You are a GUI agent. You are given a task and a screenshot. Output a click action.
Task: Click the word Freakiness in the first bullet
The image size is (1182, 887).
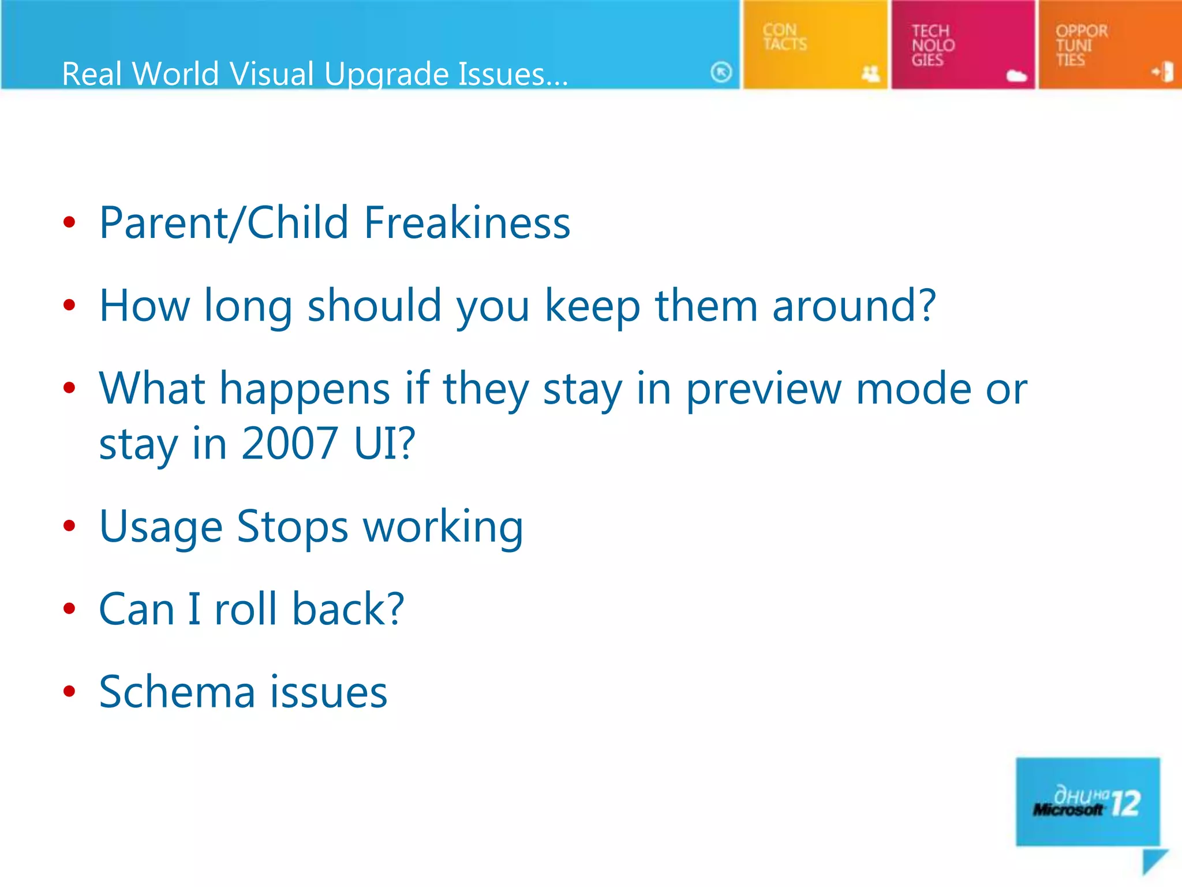[x=466, y=223]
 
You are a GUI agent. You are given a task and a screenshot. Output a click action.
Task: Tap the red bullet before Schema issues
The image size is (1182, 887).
[x=69, y=691]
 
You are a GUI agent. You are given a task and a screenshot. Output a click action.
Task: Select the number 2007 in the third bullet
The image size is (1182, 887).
[x=289, y=443]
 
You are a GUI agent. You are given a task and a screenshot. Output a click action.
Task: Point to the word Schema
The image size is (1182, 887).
[x=177, y=692]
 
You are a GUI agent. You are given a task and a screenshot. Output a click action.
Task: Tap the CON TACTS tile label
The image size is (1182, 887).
[x=784, y=37]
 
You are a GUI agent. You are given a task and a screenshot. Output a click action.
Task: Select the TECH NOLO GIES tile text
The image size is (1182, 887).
[x=932, y=45]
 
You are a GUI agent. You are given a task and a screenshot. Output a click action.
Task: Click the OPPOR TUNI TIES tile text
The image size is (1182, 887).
[x=1080, y=45]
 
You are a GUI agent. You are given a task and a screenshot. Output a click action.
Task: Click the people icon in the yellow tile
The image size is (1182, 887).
[x=870, y=73]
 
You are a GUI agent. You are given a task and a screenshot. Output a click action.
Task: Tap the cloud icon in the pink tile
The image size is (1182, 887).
[x=1016, y=76]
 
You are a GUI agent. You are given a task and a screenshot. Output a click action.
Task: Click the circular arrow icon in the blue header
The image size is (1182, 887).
[x=721, y=72]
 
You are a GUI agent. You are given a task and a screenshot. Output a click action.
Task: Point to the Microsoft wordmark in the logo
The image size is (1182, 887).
[x=1068, y=810]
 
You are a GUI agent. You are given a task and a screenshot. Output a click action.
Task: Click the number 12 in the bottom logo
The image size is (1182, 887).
[x=1125, y=803]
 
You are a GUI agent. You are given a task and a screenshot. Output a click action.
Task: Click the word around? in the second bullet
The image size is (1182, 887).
[x=854, y=306]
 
